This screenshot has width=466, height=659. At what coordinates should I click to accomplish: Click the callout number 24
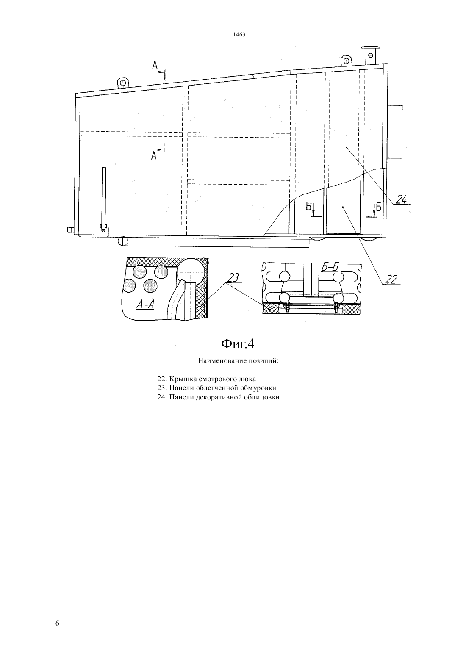point(401,200)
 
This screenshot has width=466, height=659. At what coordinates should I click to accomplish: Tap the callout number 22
point(391,279)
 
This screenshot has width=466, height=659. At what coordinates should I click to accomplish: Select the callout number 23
point(233,278)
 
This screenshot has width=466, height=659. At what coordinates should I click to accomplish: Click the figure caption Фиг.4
point(238,343)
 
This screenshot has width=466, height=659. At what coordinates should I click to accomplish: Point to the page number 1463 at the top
point(239,34)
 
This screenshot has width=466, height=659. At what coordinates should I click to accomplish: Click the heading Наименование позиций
point(238,361)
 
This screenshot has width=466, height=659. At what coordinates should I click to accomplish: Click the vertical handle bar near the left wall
point(103,200)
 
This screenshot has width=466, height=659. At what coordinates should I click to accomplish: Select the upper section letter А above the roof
point(155,66)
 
